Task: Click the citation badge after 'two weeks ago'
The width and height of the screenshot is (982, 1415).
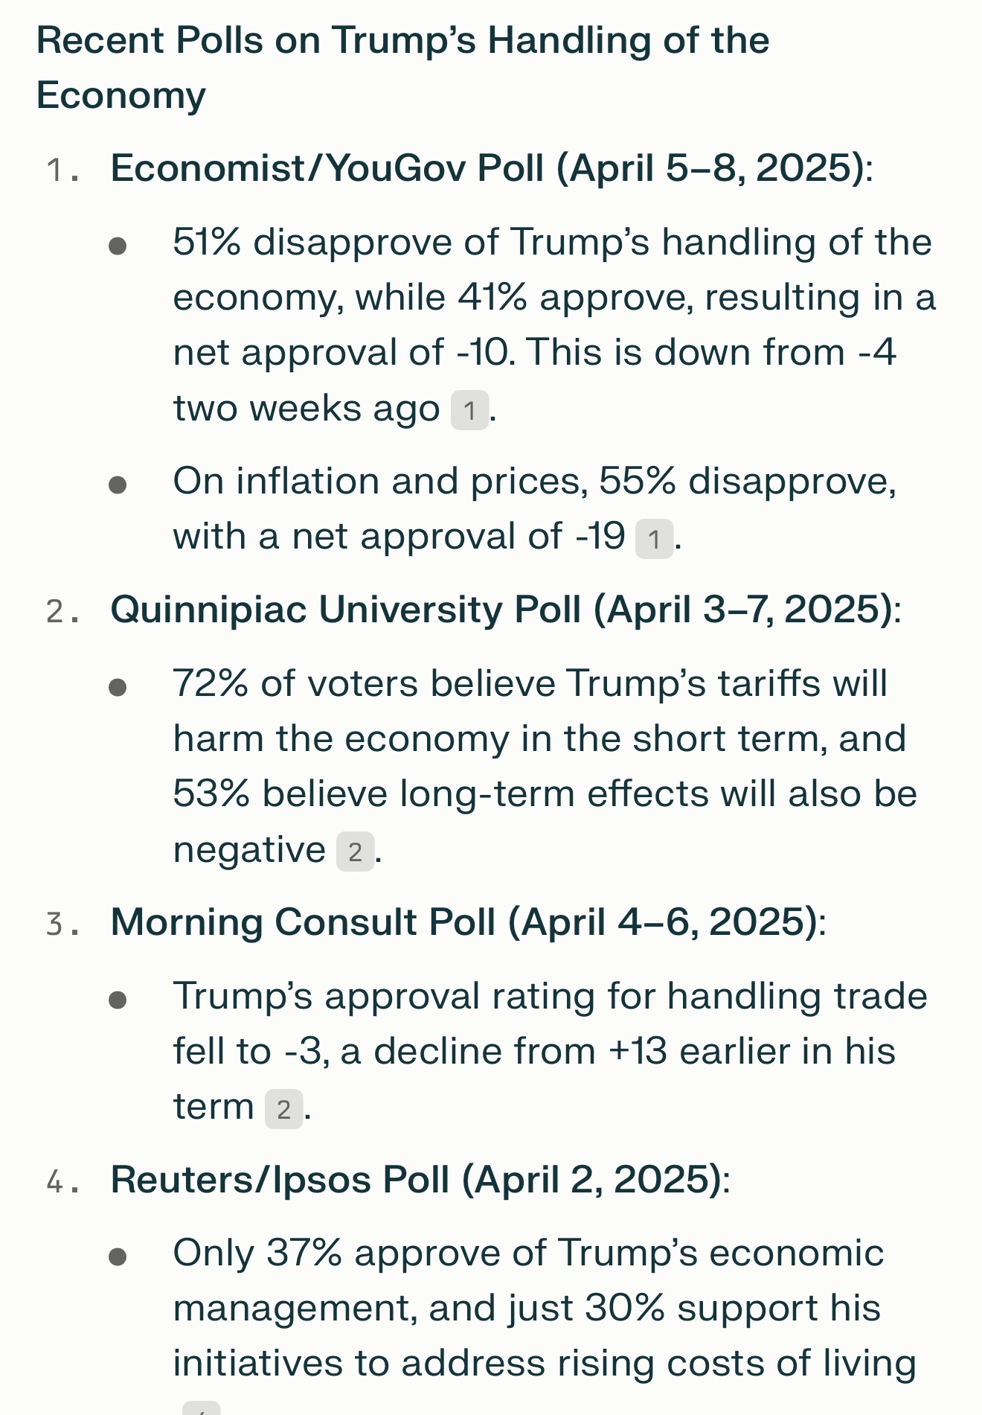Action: point(469,410)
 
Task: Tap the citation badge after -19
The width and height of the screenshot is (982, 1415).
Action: point(654,538)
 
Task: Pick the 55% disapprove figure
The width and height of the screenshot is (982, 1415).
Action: point(637,482)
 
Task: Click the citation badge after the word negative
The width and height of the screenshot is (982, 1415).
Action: point(355,852)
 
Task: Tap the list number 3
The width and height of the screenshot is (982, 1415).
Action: point(54,924)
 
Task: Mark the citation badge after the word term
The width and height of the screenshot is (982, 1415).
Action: point(283,1109)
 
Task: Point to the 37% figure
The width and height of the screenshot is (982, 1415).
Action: point(304,1253)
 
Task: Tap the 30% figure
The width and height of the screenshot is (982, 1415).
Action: point(624,1309)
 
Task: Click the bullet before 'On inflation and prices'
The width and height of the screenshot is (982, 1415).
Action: point(118,485)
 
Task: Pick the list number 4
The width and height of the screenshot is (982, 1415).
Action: point(54,1181)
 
